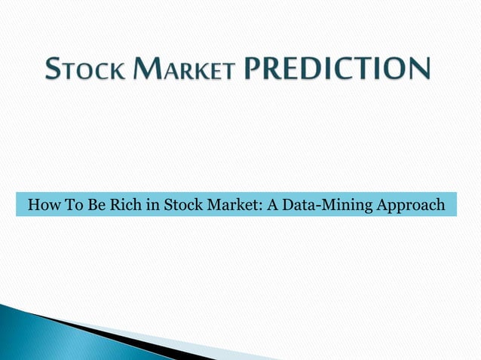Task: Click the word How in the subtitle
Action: [x=41, y=204]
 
